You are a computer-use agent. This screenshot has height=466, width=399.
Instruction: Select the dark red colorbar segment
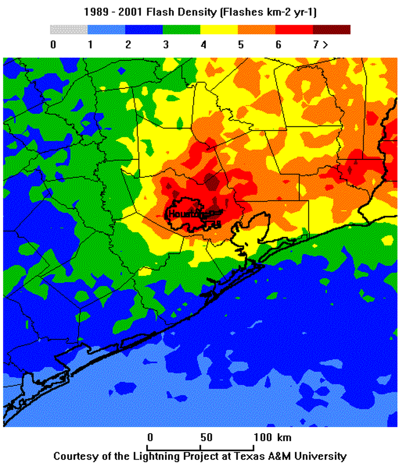tap(331, 30)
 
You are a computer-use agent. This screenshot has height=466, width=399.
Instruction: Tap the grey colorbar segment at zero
tap(69, 30)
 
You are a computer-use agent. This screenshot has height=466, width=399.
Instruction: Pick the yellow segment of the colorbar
tap(219, 30)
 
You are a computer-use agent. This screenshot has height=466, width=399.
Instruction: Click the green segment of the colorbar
tap(181, 30)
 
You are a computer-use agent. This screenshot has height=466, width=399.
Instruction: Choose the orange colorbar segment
tap(256, 30)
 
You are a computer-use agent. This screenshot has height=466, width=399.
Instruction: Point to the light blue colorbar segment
tap(106, 30)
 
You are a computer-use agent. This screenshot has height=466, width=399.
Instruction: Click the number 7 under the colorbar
tap(316, 45)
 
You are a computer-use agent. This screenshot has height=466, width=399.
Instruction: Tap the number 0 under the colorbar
tap(53, 45)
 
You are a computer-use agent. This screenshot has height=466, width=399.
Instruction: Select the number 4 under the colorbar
tap(203, 45)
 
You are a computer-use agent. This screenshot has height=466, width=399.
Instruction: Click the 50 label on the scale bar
tap(206, 437)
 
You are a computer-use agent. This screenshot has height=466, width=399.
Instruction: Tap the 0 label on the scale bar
tap(150, 437)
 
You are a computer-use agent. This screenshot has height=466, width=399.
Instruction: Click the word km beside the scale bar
tap(284, 437)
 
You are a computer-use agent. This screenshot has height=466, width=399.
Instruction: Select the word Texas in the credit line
tap(253, 456)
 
